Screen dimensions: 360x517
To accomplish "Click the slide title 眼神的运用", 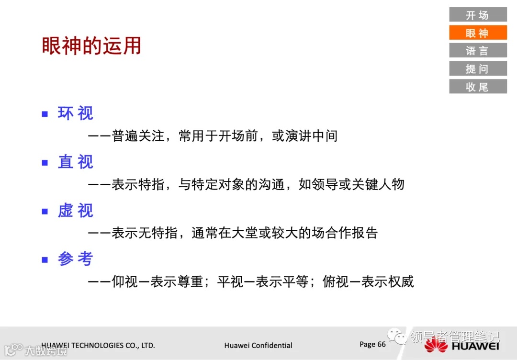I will (91, 46).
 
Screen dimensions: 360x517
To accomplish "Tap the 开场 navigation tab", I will (477, 15).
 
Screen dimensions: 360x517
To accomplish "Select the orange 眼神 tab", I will (477, 33).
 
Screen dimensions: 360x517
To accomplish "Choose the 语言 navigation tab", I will (477, 50).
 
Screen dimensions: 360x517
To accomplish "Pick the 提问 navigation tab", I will (477, 68).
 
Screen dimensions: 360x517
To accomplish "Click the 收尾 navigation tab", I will (477, 87).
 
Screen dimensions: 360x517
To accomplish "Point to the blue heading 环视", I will (76, 113).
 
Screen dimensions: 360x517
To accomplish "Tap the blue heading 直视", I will (76, 162).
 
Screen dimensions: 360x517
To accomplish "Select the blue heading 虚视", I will (76, 210).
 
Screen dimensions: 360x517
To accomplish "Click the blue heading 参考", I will (76, 259).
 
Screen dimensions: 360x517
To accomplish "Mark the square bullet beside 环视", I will (45, 114).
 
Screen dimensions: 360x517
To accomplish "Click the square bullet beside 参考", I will (45, 259).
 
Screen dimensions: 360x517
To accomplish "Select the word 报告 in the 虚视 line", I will (365, 233).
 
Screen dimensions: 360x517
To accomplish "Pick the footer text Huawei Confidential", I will (258, 345).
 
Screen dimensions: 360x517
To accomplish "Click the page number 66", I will (382, 344).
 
